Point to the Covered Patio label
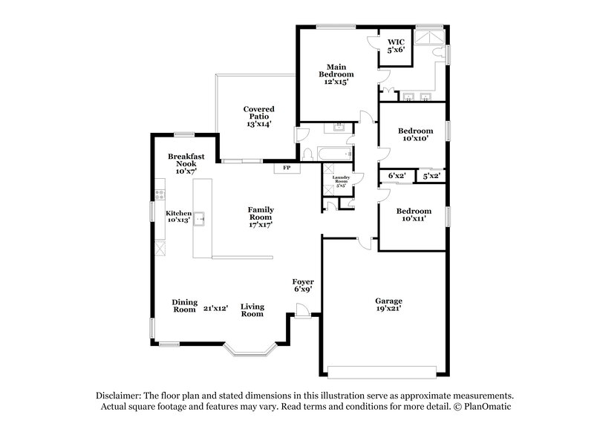pyautogui.click(x=258, y=117)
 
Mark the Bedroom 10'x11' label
pyautogui.click(x=413, y=215)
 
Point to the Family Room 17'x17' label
pyautogui.click(x=261, y=219)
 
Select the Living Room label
pyautogui.click(x=252, y=310)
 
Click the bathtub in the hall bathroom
pyautogui.click(x=333, y=153)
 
